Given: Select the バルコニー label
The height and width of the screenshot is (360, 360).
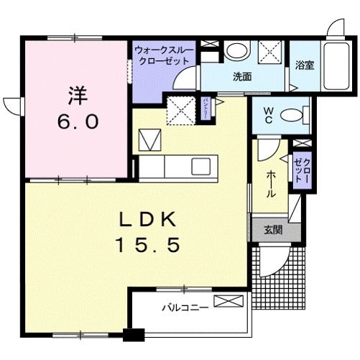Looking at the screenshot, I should coord(185,308).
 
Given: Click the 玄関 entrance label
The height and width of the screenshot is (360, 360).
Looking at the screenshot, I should coord(272,230).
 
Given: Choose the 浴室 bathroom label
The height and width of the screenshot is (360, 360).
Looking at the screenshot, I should coord(304,65).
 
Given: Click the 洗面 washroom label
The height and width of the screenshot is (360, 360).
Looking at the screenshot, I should coord(241,76).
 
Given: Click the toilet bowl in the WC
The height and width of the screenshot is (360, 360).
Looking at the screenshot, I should coord(290,114).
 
